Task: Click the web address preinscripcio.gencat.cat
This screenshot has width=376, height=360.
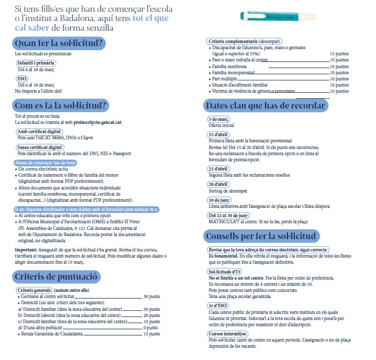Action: [96, 123]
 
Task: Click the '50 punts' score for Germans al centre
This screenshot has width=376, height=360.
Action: [152, 297]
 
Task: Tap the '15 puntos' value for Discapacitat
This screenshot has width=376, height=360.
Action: [339, 53]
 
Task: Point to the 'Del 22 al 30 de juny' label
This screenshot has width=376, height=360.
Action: [229, 216]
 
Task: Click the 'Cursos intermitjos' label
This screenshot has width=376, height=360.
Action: [228, 333]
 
